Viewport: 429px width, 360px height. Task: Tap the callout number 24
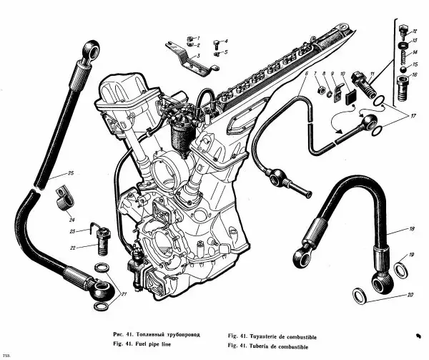tap(72, 211)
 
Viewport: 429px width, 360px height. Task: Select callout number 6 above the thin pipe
tap(307, 74)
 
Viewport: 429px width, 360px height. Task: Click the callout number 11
tap(372, 74)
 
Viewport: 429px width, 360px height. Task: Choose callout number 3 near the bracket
tap(198, 54)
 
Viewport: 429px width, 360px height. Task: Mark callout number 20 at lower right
tap(409, 294)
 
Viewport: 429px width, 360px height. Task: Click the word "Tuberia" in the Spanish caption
tap(270, 346)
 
